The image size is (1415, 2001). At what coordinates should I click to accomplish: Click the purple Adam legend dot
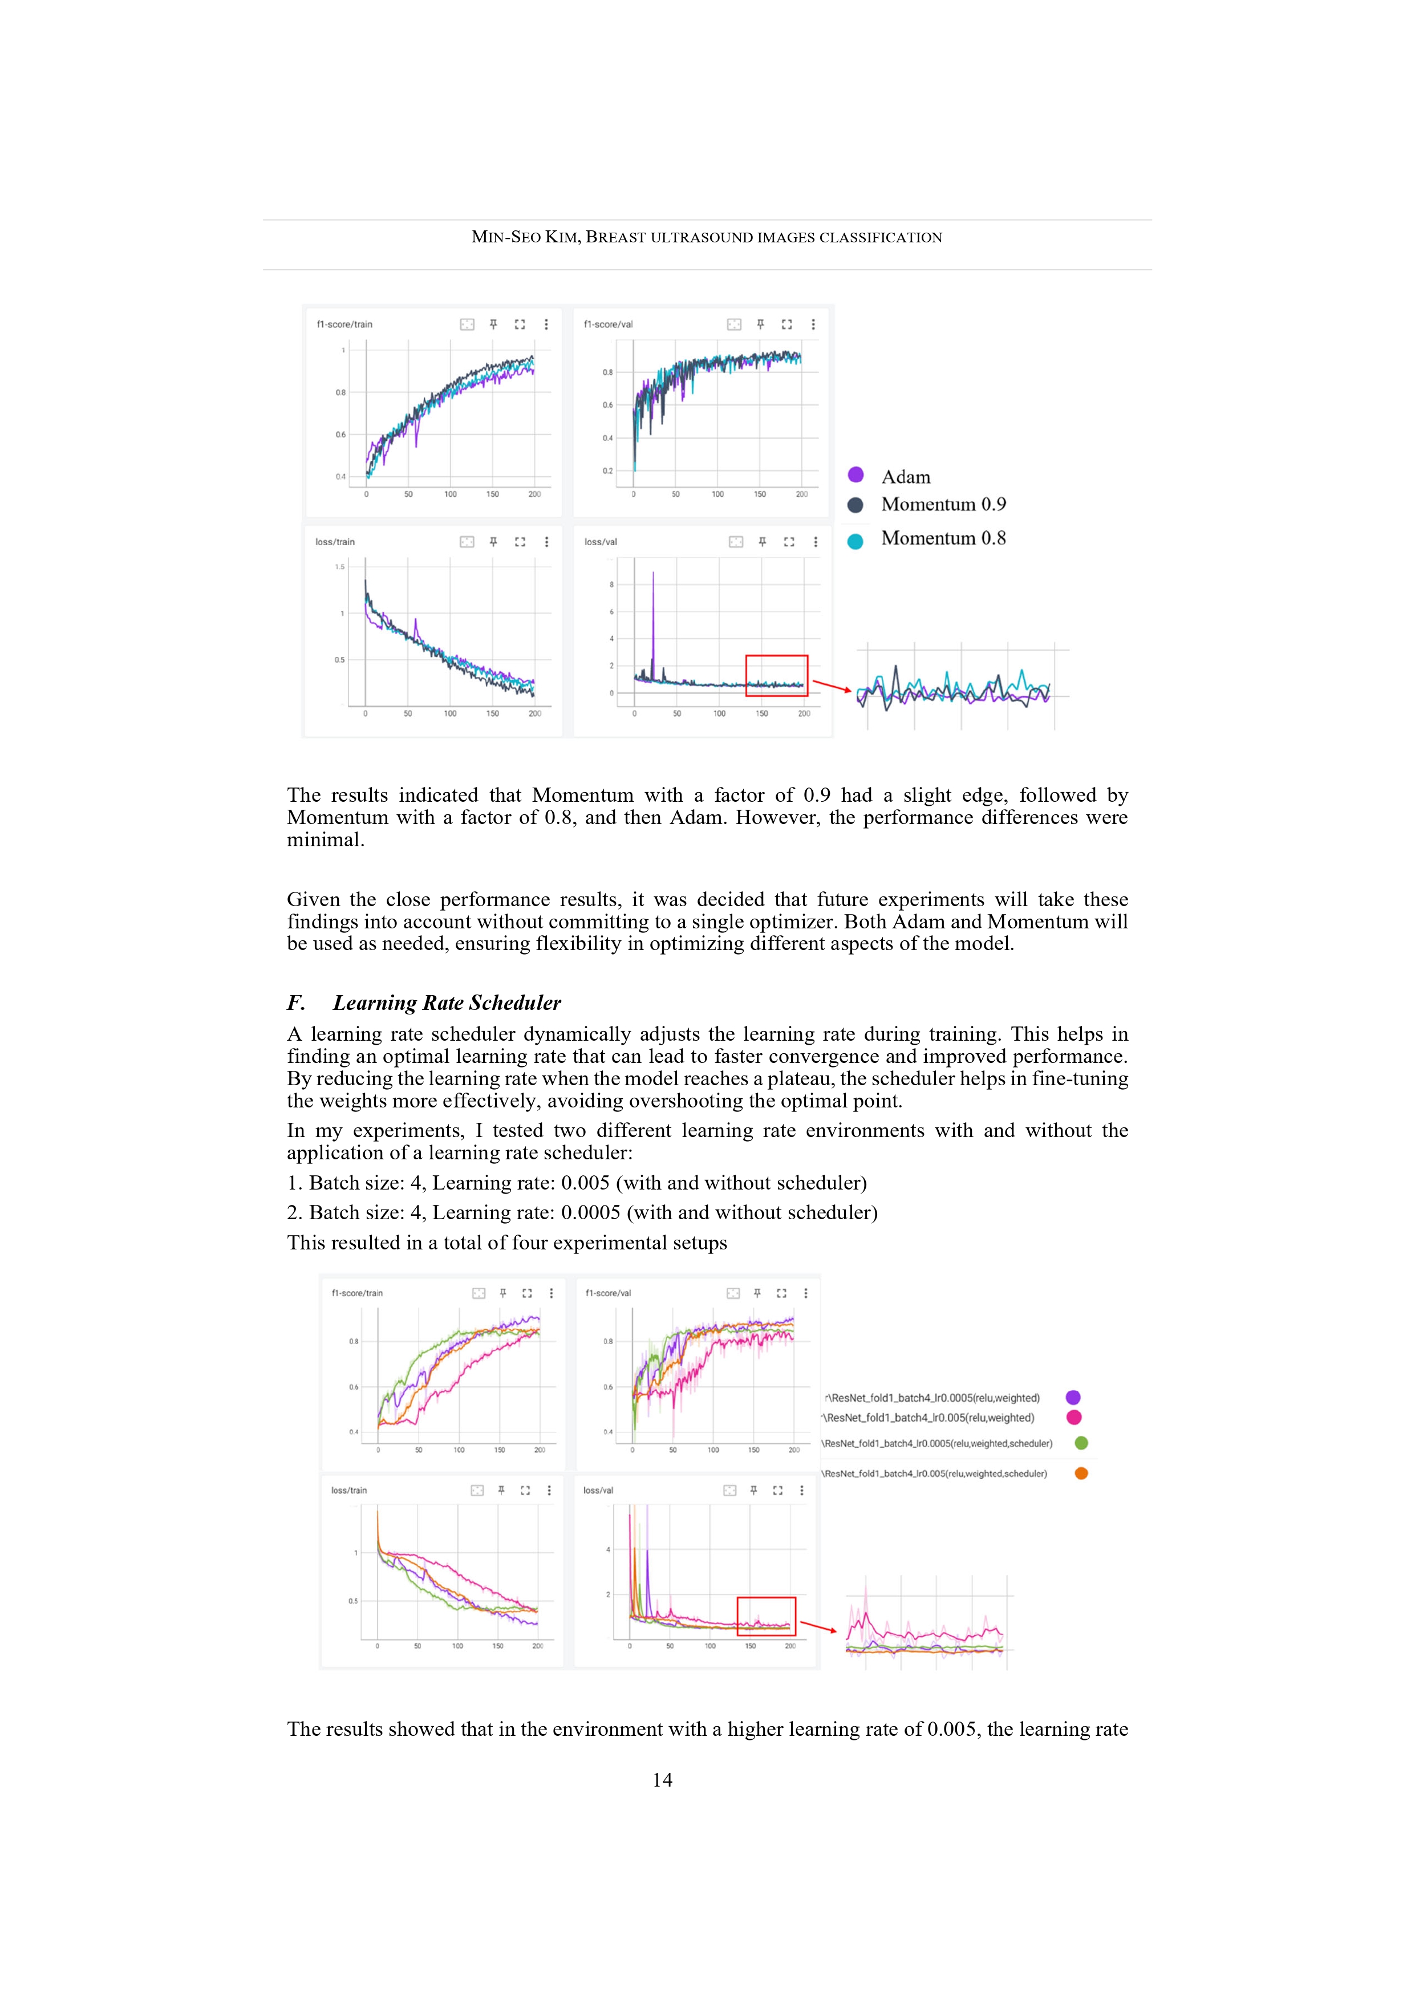pyautogui.click(x=856, y=475)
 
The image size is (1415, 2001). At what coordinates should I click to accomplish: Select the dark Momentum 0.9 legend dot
pyautogui.click(x=856, y=505)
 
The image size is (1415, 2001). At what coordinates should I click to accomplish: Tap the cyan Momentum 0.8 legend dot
pyautogui.click(x=856, y=541)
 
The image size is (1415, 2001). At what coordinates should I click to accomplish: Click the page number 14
pyautogui.click(x=663, y=1780)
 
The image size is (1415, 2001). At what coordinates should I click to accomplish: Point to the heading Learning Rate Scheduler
pyautogui.click(x=447, y=1003)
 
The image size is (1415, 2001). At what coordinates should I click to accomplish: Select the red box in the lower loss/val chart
pyautogui.click(x=767, y=1617)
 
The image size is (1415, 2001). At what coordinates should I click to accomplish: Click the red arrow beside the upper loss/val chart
pyautogui.click(x=832, y=687)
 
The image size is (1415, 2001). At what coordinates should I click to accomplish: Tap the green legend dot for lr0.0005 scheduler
pyautogui.click(x=1081, y=1443)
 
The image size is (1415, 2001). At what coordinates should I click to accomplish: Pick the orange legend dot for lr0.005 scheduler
pyautogui.click(x=1081, y=1474)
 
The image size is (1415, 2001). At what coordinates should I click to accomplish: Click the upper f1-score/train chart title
pyautogui.click(x=344, y=324)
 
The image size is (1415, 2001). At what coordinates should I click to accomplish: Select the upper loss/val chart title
pyautogui.click(x=601, y=542)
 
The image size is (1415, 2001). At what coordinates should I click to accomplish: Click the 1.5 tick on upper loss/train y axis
pyautogui.click(x=339, y=566)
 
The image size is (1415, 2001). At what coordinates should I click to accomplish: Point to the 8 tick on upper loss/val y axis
pyautogui.click(x=611, y=585)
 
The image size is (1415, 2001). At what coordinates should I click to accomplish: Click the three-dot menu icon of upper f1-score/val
pyautogui.click(x=813, y=324)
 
